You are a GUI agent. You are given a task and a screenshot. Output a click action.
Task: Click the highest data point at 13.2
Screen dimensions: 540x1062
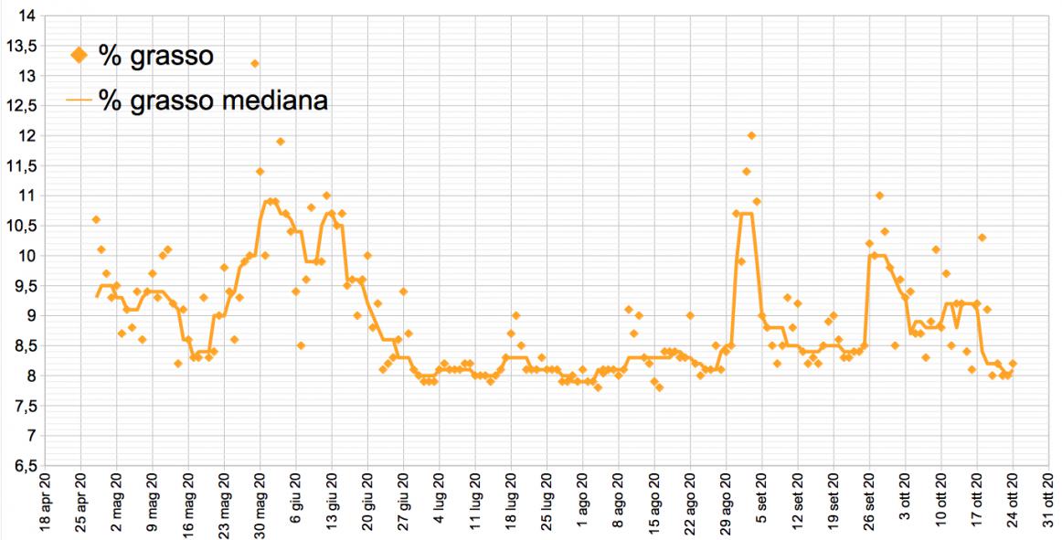pos(255,63)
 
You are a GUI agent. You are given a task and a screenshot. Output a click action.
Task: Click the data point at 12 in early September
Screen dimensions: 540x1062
pos(751,135)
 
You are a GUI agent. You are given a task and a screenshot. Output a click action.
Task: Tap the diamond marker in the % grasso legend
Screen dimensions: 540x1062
pos(79,56)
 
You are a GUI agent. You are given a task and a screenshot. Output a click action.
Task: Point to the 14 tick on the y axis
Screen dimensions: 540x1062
pos(25,16)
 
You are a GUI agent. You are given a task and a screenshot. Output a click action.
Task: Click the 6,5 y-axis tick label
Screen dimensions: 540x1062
pos(21,466)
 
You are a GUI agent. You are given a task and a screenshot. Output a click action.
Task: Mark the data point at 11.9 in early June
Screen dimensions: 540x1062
pos(281,142)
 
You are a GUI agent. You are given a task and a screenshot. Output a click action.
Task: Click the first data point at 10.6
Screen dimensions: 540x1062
pos(96,219)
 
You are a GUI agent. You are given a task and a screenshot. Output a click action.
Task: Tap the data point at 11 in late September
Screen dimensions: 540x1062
pos(879,196)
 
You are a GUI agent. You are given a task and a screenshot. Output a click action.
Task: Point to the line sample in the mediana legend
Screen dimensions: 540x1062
pos(80,101)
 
